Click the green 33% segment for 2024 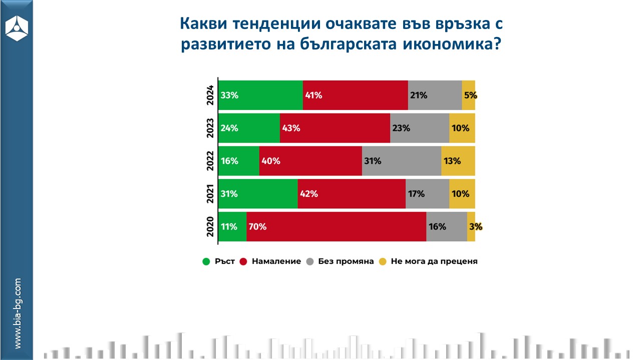coord(261,95)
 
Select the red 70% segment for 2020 coord(336,226)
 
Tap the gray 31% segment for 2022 coord(401,161)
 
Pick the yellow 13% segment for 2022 coord(458,161)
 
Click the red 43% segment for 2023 coord(335,128)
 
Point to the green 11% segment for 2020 coord(233,226)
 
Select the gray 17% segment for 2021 coord(427,193)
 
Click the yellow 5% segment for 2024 coord(468,95)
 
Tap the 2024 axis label coord(210,95)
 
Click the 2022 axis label coord(210,161)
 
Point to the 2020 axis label coord(210,226)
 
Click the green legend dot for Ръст coord(206,261)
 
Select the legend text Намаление coord(276,261)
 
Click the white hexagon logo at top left coord(17,27)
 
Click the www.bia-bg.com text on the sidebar coord(18,313)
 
